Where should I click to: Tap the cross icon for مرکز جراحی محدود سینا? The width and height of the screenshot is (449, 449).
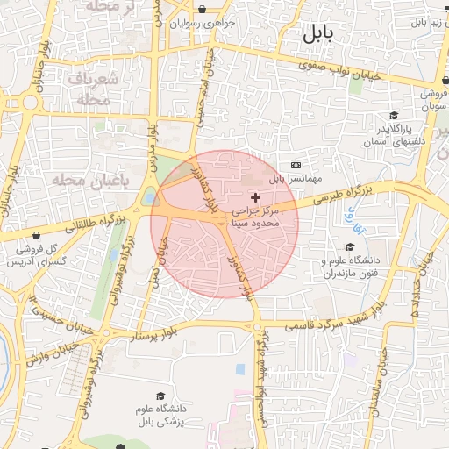256,197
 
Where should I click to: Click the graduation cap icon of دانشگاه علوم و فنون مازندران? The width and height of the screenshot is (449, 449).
351,247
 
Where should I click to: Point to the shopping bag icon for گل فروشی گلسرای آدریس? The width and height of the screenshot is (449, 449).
36,235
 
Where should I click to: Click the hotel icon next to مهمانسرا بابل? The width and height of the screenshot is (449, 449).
296,165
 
